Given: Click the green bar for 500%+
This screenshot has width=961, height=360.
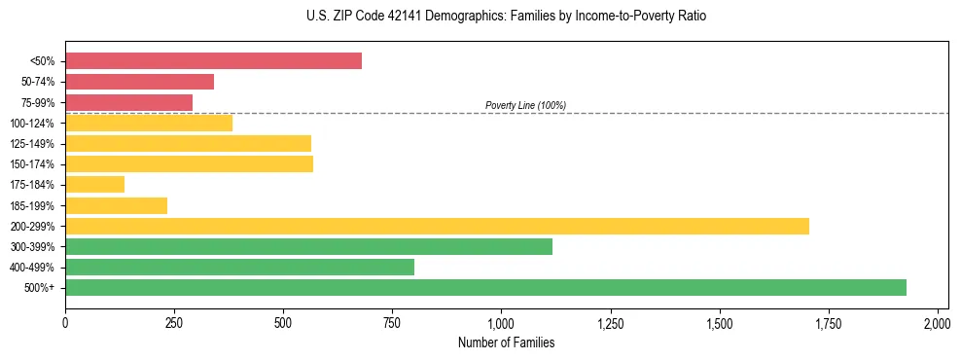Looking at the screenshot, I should [485, 287].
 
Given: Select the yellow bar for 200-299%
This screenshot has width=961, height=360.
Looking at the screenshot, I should [437, 226].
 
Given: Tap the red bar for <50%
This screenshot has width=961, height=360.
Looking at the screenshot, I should [213, 61].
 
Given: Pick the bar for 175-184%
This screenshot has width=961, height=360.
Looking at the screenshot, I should [94, 184].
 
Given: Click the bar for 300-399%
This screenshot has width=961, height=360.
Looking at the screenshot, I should [308, 246].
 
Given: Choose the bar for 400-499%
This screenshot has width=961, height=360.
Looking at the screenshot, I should [239, 267].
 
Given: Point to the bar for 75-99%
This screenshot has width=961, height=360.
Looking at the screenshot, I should [128, 102].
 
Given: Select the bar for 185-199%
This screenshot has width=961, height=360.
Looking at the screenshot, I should [116, 205].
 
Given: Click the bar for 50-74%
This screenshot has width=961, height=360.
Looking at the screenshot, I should [139, 82].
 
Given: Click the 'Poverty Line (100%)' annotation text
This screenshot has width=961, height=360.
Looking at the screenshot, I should [525, 105].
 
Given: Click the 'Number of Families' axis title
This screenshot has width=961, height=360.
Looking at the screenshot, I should [507, 342].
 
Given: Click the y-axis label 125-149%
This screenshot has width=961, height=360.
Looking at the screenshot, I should [32, 144].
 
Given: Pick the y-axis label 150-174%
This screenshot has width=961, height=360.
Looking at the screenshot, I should [32, 164].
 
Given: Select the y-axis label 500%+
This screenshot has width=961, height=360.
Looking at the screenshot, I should [41, 288].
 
